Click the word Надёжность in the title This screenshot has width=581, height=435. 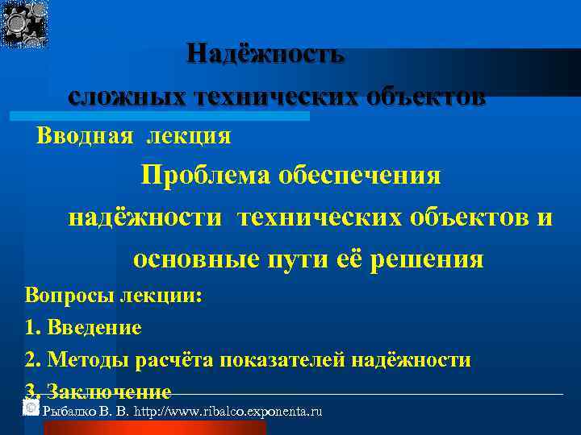(265, 54)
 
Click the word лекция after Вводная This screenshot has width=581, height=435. (189, 135)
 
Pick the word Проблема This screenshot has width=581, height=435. (207, 176)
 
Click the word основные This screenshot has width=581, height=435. (190, 259)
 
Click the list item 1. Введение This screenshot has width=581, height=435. (83, 328)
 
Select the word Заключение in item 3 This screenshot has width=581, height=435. (109, 392)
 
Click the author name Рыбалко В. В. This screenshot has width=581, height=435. (86, 412)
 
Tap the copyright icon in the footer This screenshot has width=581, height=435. (31, 408)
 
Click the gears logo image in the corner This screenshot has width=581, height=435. (26, 24)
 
